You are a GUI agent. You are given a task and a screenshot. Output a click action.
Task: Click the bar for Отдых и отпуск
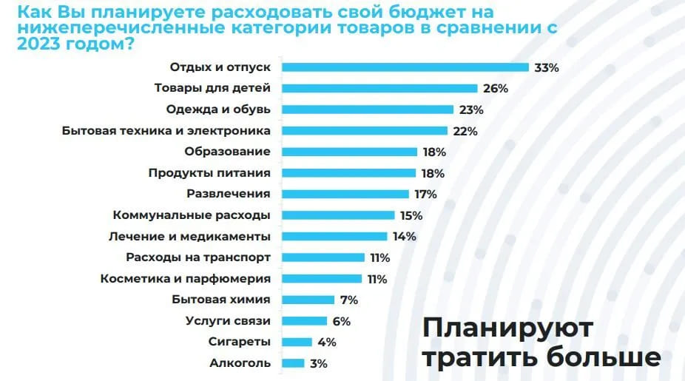point(405,67)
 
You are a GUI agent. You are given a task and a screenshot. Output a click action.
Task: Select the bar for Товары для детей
point(380,88)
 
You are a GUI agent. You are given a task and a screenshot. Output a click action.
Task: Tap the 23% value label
point(471,109)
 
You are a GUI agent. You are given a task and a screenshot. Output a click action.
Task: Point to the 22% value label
point(466,131)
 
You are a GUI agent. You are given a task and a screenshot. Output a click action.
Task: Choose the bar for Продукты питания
point(349,173)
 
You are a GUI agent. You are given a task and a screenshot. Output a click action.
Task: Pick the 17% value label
point(425,195)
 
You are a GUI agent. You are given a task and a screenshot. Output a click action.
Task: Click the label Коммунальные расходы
point(191,215)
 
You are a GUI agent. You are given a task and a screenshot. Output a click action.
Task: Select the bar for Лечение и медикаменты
point(335,237)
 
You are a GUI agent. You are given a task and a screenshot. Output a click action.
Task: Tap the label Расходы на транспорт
point(198,257)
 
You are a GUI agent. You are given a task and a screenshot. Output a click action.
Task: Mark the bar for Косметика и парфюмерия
point(324,279)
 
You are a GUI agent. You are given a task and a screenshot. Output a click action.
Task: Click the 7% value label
point(348,300)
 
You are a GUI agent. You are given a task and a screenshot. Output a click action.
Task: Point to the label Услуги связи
point(227,321)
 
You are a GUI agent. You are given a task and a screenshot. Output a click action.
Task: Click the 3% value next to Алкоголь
point(318,363)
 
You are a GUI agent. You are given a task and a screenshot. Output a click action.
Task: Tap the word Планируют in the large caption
point(507,328)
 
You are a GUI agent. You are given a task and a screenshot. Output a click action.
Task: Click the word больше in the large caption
point(603,357)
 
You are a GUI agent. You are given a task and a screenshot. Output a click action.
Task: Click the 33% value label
point(547,67)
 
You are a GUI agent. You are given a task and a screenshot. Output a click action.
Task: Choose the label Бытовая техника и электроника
point(166,131)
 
